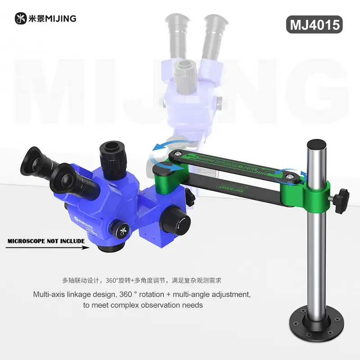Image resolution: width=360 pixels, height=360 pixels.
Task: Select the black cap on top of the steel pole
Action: (316, 145)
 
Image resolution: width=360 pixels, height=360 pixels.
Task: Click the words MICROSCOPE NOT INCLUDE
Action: (46, 241)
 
